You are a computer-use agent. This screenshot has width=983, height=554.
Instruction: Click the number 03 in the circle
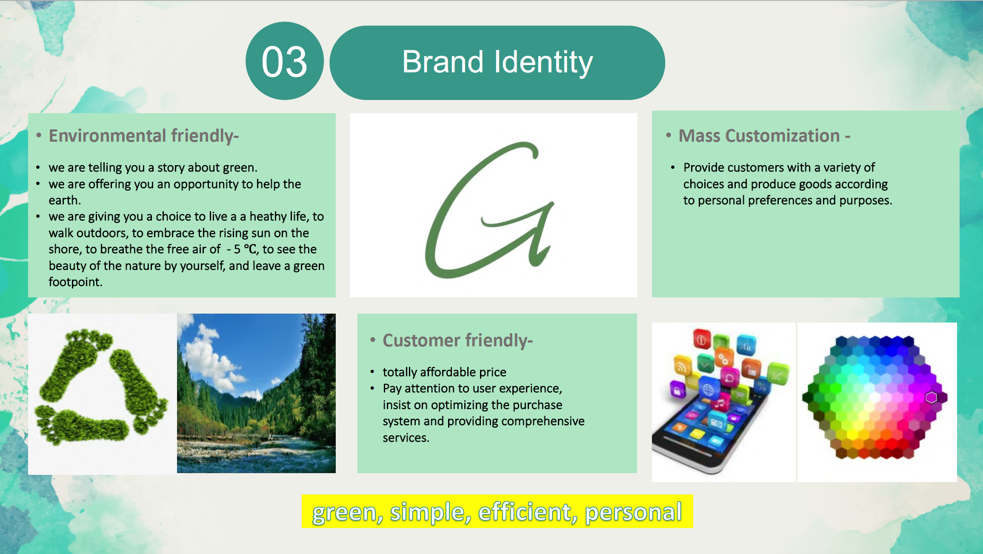click(284, 62)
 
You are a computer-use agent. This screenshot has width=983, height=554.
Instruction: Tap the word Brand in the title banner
click(443, 62)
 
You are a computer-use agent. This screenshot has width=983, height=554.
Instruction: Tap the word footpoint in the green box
click(75, 282)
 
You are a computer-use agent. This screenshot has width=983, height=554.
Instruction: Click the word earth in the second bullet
click(65, 200)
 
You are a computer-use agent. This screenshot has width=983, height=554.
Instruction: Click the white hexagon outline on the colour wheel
click(931, 397)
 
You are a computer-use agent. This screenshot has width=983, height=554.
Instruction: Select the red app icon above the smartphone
click(702, 340)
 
